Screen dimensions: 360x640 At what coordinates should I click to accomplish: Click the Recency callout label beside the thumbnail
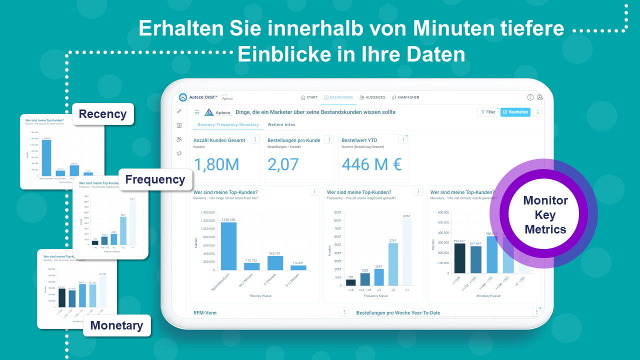[103, 114]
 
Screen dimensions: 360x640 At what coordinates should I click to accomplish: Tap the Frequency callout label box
[155, 179]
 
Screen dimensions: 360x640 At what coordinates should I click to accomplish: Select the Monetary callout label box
[116, 325]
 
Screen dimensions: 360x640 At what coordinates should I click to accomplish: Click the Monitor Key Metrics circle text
[545, 215]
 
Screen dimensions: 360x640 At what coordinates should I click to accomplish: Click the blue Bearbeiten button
[515, 112]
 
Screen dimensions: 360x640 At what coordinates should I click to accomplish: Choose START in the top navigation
[309, 97]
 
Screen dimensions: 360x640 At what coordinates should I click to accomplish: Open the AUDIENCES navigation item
[372, 97]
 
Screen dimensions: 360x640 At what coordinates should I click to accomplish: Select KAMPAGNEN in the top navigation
[405, 97]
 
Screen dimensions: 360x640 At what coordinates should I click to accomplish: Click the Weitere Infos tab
[281, 124]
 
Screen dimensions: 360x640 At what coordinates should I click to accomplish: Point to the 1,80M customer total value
[216, 164]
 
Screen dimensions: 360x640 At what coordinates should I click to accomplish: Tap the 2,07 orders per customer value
[283, 164]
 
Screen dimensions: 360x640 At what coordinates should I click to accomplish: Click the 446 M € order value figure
[371, 164]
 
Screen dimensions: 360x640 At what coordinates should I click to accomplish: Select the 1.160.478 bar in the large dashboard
[228, 246]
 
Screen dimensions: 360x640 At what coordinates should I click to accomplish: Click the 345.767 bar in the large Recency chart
[275, 263]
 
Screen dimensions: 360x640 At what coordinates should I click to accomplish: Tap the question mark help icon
[530, 97]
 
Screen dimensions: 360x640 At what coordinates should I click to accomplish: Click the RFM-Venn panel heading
[205, 313]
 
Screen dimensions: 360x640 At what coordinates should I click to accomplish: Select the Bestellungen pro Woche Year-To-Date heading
[398, 313]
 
